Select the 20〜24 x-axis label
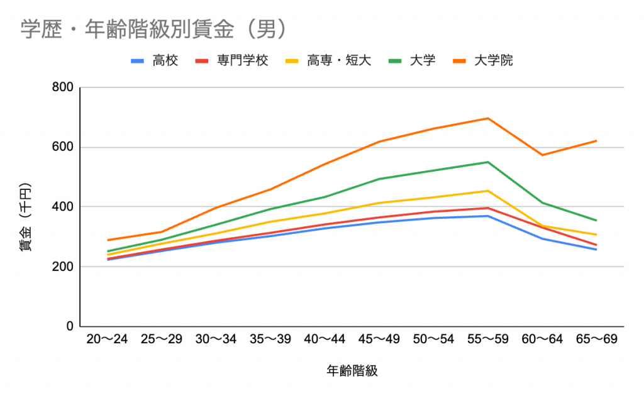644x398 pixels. tap(107, 340)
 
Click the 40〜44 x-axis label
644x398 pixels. tap(325, 340)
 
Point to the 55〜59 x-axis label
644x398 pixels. tap(487, 340)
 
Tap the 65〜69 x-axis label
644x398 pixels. tap(596, 340)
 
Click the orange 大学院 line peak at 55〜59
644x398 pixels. tap(487, 118)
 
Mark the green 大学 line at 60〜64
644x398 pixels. tap(542, 202)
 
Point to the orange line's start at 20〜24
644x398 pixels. tap(108, 240)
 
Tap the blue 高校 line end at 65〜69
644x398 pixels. tap(596, 250)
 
